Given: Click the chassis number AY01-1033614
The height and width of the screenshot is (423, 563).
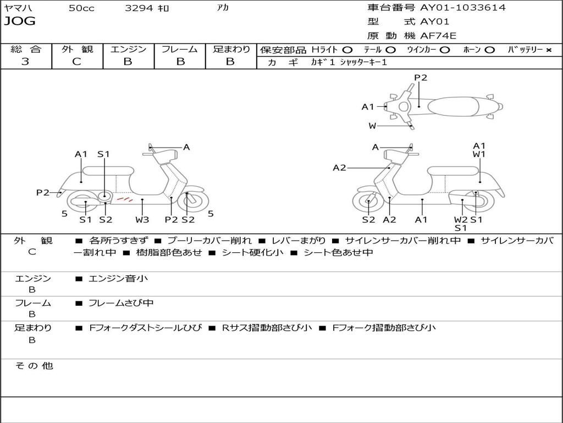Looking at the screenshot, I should (463, 8).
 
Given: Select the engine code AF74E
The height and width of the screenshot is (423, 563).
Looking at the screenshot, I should (438, 36).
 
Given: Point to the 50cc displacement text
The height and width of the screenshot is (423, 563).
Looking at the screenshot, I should (81, 8).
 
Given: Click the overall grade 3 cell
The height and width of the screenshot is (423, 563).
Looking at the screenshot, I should (25, 62).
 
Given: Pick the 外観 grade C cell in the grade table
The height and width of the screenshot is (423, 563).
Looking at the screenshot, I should (77, 62).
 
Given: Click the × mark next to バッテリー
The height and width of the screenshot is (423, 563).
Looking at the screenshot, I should (548, 50).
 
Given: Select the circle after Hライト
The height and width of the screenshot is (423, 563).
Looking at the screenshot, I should (347, 50).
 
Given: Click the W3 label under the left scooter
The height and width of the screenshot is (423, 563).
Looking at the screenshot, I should (142, 220).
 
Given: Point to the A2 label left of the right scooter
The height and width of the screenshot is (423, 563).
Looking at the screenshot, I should (340, 168).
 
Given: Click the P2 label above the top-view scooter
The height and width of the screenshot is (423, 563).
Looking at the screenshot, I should (421, 78).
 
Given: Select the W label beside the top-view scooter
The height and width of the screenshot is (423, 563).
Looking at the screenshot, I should (373, 126).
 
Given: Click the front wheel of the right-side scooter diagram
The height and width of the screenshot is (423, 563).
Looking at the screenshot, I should (368, 202).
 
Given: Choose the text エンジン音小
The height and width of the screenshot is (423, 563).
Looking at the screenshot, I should (118, 279).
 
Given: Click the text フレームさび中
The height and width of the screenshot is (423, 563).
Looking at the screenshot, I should (121, 303).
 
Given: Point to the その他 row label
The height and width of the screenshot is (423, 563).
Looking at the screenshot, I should (34, 366).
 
